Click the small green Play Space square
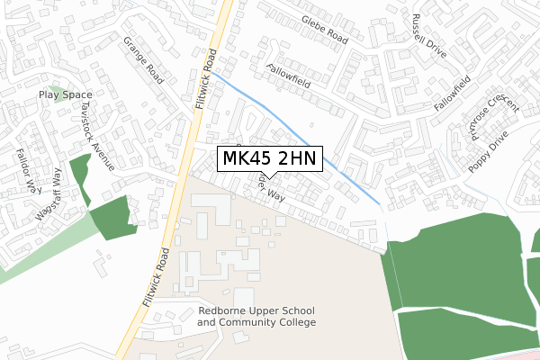pyautogui.click(x=59, y=94)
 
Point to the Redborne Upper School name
pyautogui.click(x=256, y=311)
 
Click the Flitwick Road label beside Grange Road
pyautogui.click(x=206, y=77)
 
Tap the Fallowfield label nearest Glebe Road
pyautogui.click(x=287, y=80)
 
